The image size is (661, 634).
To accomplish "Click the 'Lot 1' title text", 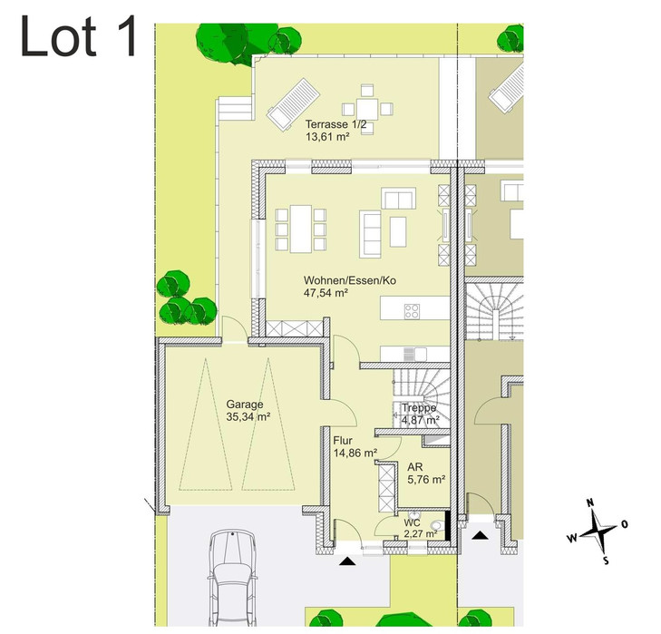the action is point(79,36).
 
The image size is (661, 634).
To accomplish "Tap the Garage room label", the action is point(245,405).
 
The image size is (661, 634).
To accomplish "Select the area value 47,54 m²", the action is point(326,293).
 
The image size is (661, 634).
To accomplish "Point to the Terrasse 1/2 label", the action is point(336,124).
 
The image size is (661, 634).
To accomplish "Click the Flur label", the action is point(343,441).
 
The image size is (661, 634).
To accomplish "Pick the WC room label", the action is point(412,523).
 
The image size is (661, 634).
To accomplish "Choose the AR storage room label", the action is point(414,467).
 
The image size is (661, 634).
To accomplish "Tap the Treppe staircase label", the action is point(419,408).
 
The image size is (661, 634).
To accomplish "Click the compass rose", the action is point(598,532).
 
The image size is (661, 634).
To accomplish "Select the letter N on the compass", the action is point(590,502).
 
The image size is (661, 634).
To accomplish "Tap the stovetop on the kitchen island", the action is point(412,311).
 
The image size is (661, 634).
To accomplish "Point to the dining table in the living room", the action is point(300,229).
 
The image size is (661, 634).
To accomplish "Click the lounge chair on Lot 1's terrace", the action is point(294,103).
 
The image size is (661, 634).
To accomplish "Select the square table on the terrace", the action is point(367,109).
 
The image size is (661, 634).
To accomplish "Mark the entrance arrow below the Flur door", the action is point(347,561).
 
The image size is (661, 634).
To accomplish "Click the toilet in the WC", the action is point(437,525).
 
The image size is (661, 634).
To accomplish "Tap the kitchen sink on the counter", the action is point(409,354).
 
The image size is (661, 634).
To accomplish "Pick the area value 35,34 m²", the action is point(248,416).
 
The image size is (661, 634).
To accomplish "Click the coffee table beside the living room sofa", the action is point(398,231).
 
